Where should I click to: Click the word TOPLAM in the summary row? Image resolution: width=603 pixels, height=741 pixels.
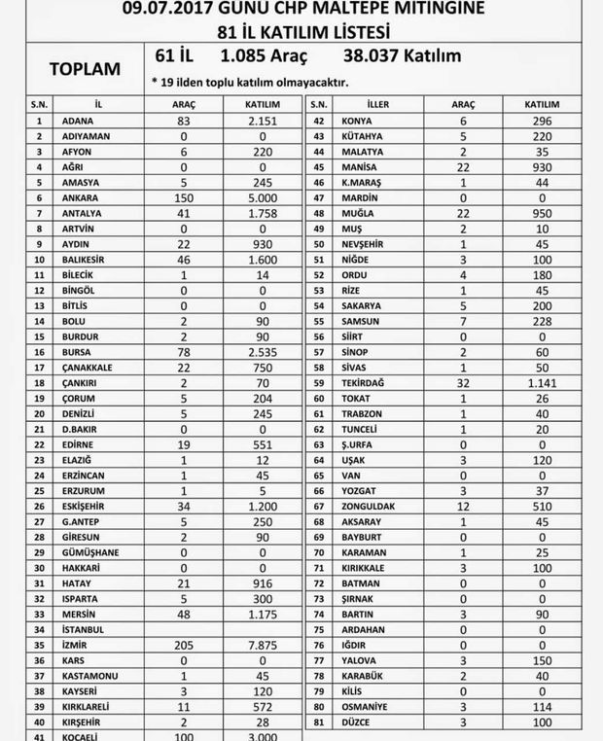click(x=85, y=69)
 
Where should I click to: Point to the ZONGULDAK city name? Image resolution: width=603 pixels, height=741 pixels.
click(x=367, y=507)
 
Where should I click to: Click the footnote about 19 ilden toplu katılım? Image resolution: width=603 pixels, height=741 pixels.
click(x=250, y=82)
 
